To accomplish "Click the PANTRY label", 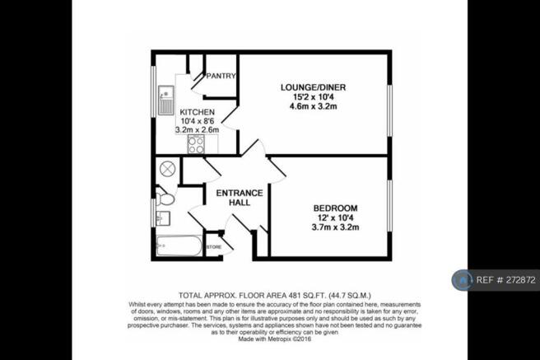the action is (221, 76).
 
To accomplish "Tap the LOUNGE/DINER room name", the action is (313, 87).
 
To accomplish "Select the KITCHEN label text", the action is (198, 112).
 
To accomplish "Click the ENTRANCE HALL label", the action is (240, 198).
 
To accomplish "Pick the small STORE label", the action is (214, 247).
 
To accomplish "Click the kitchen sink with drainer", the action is (166, 101).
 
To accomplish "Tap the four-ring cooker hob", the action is (196, 144).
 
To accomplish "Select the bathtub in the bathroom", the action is (179, 245).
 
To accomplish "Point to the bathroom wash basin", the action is (163, 218).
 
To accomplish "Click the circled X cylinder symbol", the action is (168, 169).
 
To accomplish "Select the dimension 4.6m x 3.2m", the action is (313, 106).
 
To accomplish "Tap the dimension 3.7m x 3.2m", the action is (335, 227).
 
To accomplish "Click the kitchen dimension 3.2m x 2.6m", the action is (198, 130).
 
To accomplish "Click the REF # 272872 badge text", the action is (506, 280).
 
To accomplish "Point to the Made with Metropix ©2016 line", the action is (275, 339).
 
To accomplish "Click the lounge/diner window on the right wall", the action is (389, 110).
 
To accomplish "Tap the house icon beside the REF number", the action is (463, 280).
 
